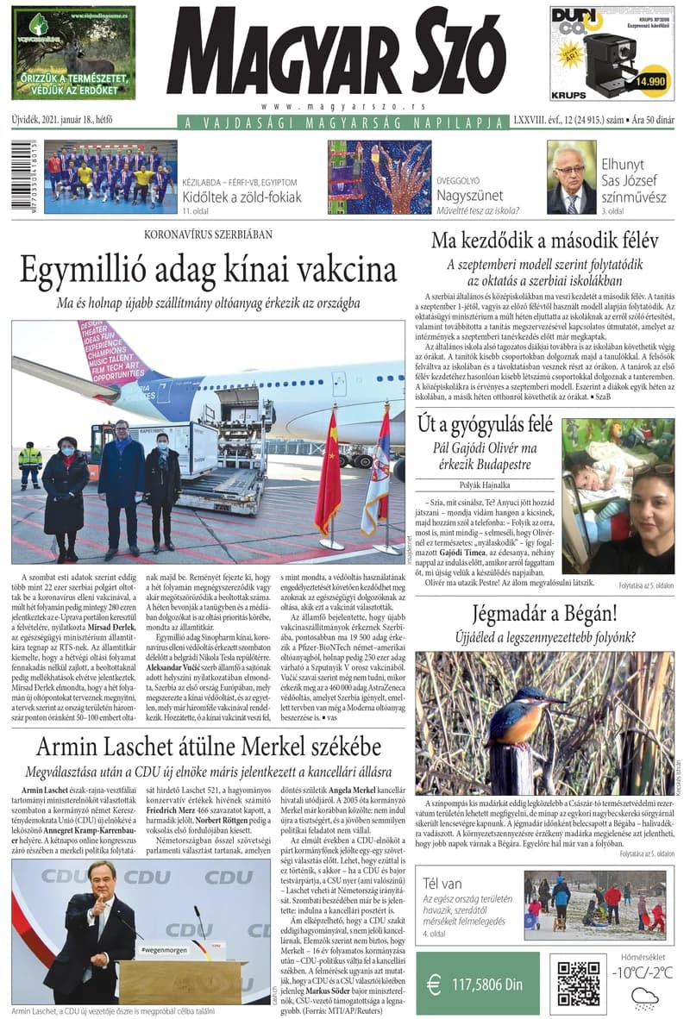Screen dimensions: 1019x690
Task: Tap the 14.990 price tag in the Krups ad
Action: coord(649,81)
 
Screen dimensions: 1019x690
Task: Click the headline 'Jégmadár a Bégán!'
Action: coord(544,614)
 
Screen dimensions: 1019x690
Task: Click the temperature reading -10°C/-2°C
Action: coord(643,972)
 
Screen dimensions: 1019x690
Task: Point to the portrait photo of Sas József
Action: coord(571,178)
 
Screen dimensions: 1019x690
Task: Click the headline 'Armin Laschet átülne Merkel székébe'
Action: coord(208,747)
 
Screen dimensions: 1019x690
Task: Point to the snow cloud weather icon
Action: coord(644,997)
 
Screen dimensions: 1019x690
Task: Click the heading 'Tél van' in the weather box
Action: coord(445,883)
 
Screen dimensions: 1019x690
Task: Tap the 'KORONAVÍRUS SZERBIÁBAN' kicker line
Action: coord(208,234)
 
